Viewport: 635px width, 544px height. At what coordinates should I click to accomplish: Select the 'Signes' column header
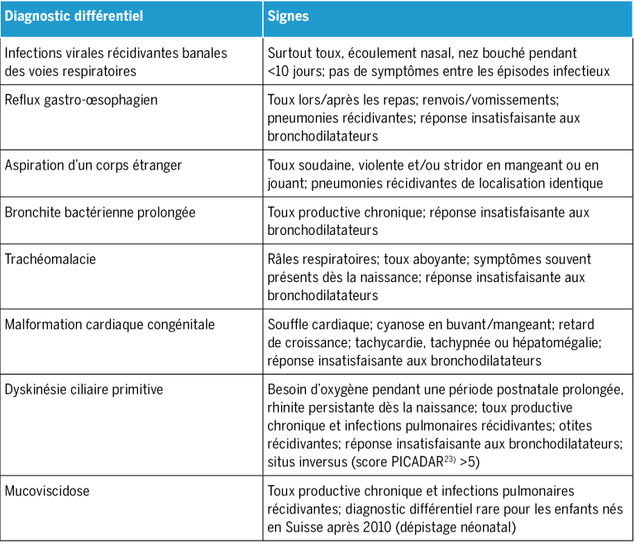coord(289,16)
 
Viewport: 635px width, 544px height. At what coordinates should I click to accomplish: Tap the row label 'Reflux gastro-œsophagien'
coord(81,100)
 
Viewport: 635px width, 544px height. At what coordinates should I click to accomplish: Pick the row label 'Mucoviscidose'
coord(46,491)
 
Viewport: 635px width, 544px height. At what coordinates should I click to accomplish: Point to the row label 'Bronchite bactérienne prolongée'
coord(100,212)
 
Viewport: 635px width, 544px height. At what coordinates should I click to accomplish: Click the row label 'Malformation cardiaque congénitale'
coord(109,325)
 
